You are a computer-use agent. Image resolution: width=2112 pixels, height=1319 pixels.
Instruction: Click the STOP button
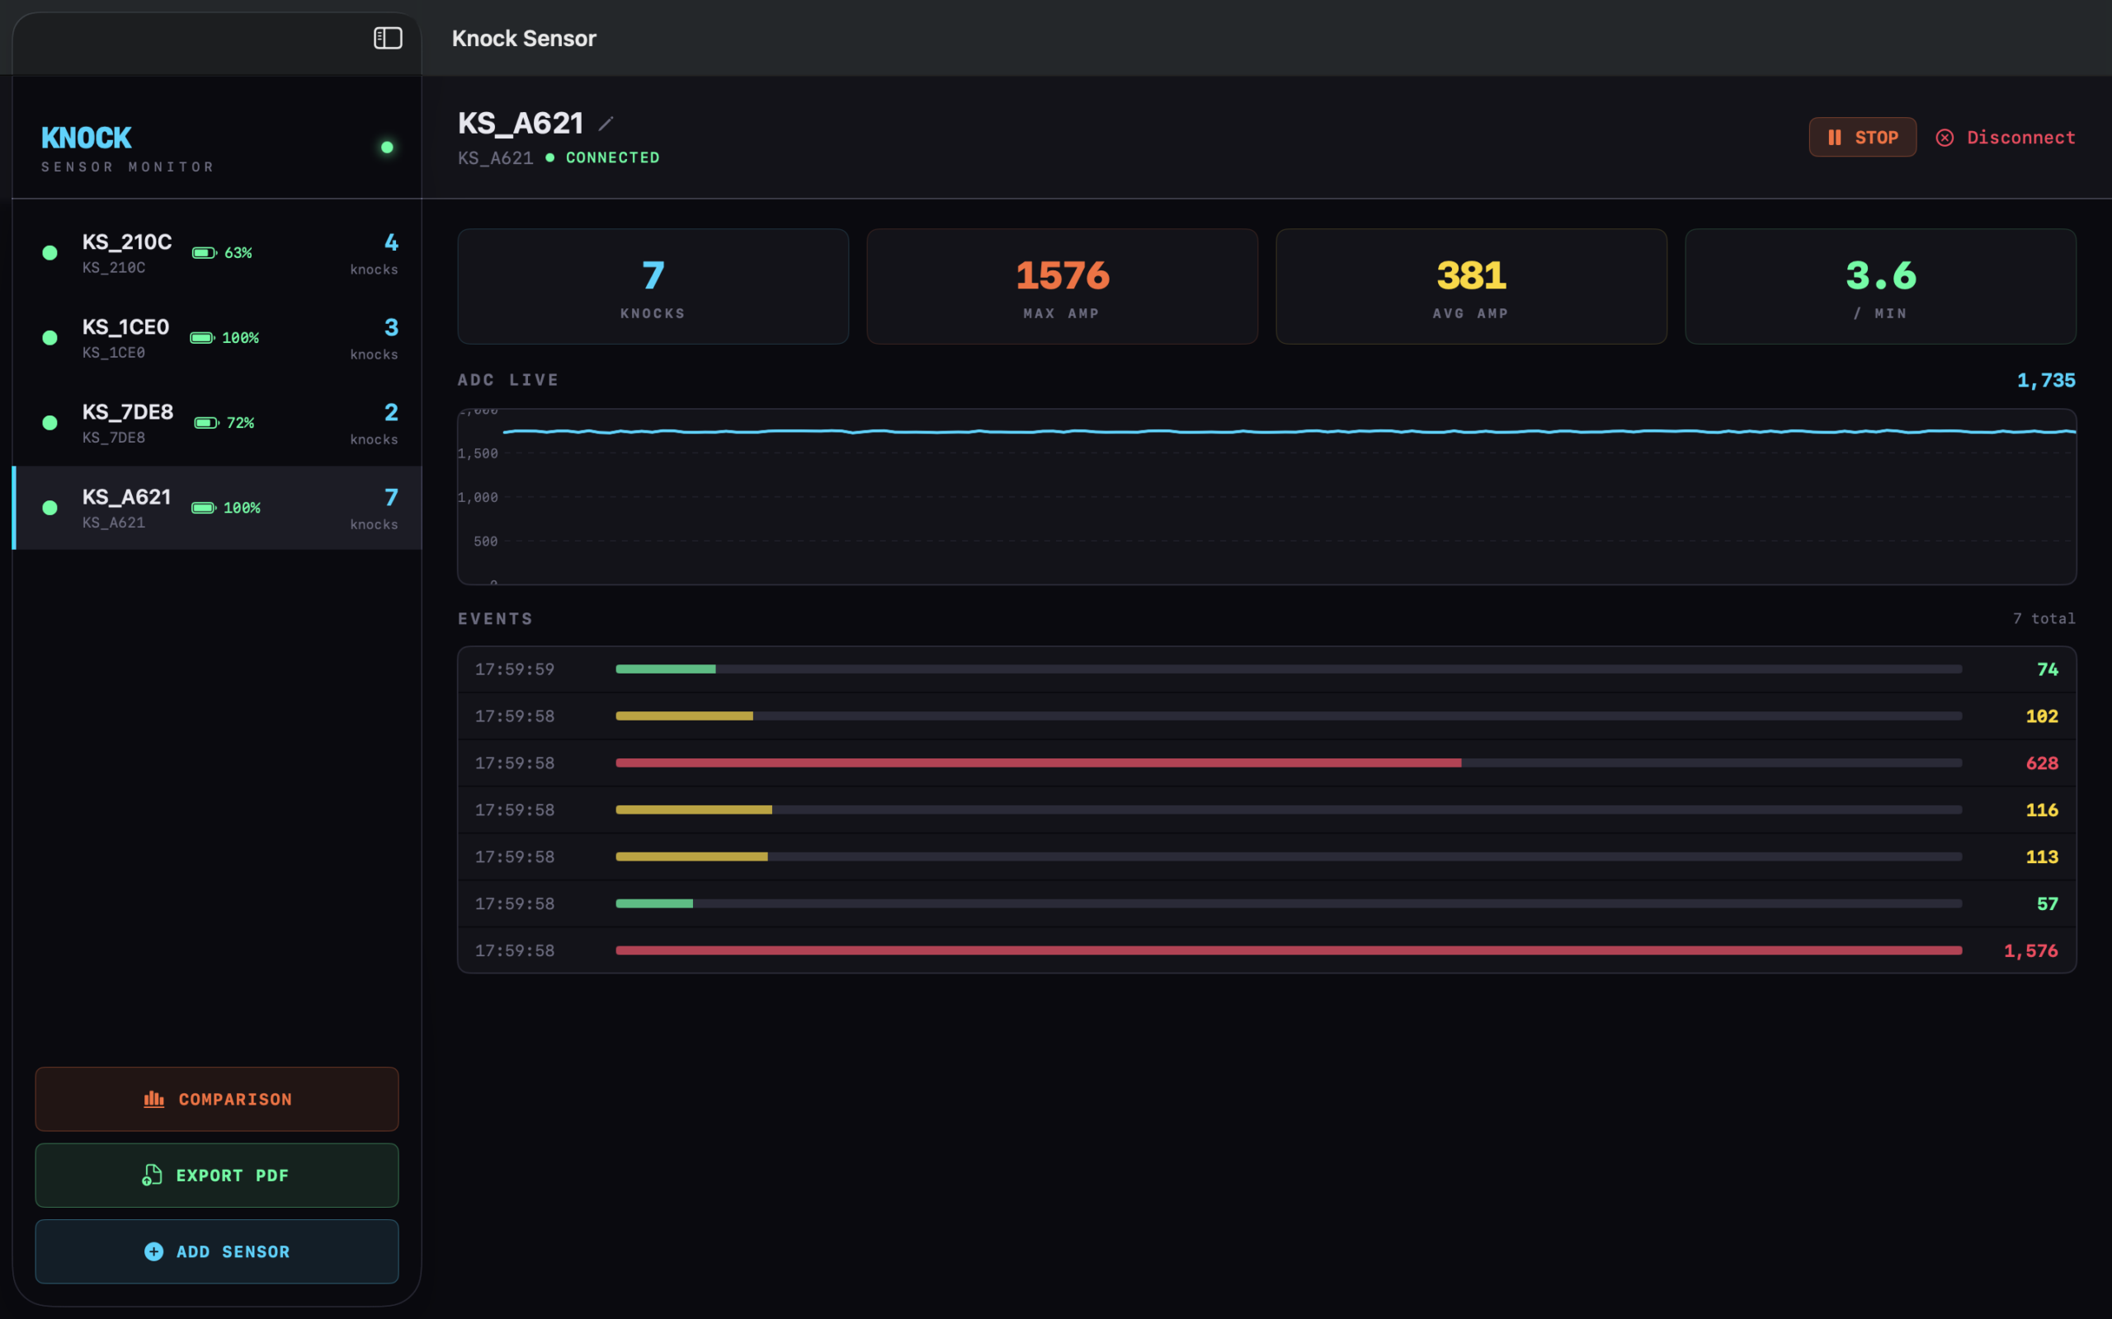click(x=1862, y=137)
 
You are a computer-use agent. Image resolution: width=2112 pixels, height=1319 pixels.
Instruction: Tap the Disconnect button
click(x=2006, y=137)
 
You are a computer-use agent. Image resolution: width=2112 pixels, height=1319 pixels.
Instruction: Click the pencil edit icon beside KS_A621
click(x=606, y=124)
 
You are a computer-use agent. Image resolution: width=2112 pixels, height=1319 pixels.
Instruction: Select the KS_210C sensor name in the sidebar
click(x=126, y=242)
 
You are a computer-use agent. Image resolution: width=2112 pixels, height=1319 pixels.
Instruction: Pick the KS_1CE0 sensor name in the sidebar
click(x=125, y=327)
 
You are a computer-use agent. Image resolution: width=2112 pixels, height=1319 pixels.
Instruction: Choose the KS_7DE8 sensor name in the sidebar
click(x=127, y=411)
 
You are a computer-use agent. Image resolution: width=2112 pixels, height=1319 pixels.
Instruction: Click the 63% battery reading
click(x=238, y=253)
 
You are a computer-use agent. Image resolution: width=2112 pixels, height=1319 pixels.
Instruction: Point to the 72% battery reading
click(x=241, y=423)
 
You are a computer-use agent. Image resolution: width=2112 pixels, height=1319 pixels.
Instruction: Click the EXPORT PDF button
click(x=216, y=1175)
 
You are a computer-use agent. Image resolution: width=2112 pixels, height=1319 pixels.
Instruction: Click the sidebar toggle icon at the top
click(x=388, y=39)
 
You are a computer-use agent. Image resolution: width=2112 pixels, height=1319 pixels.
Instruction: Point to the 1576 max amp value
click(x=1062, y=275)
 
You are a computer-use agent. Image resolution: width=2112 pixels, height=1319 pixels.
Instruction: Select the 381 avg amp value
click(x=1472, y=275)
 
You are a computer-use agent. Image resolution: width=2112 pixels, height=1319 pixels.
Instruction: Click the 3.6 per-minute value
click(x=1881, y=275)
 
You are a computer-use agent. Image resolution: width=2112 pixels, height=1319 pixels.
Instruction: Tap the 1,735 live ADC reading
click(x=2046, y=380)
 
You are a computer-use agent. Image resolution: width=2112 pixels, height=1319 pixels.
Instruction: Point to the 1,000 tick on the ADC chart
click(x=478, y=497)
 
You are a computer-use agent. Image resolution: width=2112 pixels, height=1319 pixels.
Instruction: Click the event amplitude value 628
click(x=2041, y=763)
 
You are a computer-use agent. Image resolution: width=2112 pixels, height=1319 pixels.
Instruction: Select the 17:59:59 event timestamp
click(x=514, y=669)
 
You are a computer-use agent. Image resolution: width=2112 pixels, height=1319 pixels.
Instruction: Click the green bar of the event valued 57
click(x=654, y=904)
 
